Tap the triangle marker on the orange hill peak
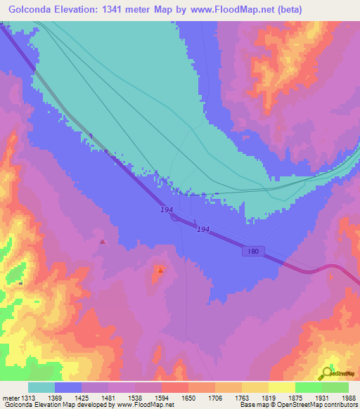[161, 270]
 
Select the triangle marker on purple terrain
[103, 242]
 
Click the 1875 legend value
[295, 398]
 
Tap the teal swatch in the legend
[41, 387]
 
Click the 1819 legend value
[269, 398]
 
